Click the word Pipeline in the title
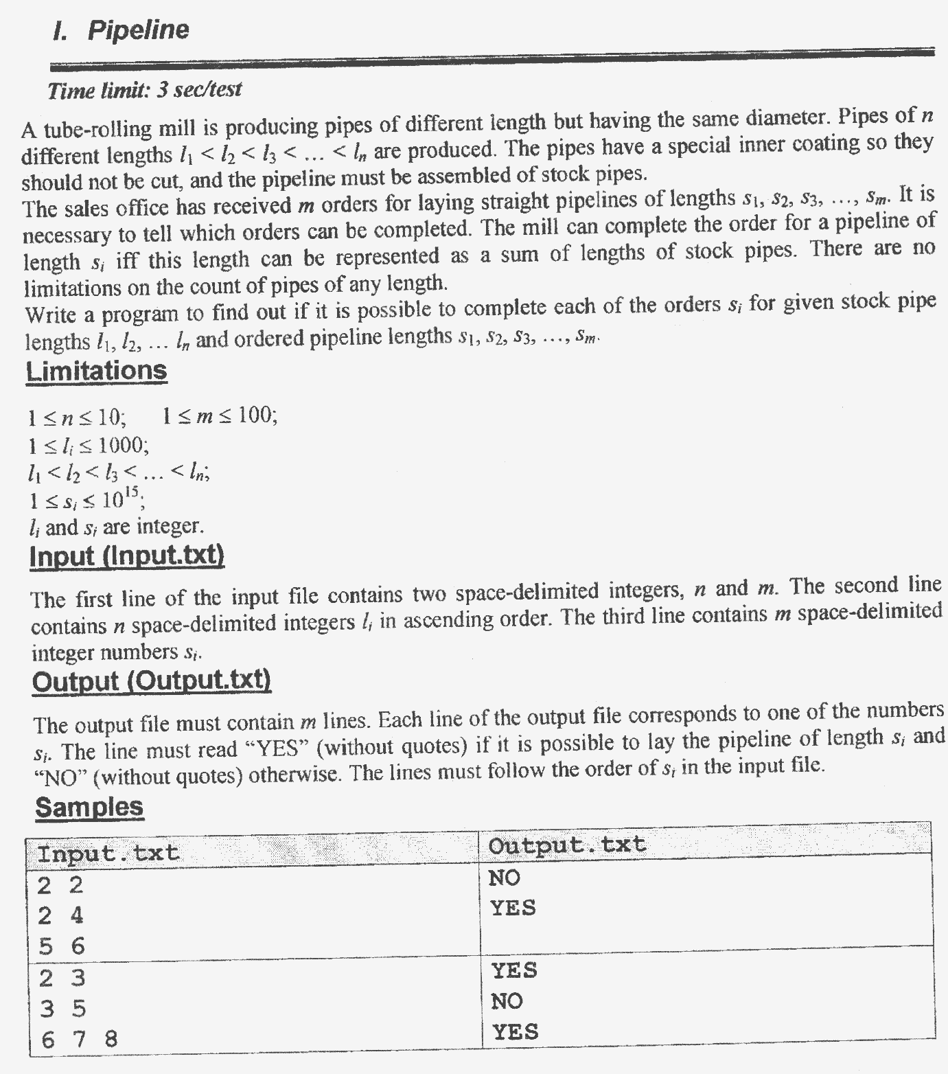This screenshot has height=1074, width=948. (138, 30)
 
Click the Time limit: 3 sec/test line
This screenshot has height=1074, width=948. (145, 90)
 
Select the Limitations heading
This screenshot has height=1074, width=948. (96, 371)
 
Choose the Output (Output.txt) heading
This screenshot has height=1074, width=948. (152, 681)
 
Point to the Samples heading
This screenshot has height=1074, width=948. (89, 807)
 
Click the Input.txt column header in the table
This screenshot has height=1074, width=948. (108, 854)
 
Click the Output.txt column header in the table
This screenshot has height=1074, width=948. (566, 845)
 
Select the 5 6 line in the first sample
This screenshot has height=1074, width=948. (61, 946)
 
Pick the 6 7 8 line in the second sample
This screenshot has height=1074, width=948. (78, 1039)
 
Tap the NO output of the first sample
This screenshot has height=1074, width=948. (505, 878)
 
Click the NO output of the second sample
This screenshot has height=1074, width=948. (507, 1001)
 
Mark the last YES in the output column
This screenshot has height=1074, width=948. (514, 1031)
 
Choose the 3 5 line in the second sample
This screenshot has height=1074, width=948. (62, 1009)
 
